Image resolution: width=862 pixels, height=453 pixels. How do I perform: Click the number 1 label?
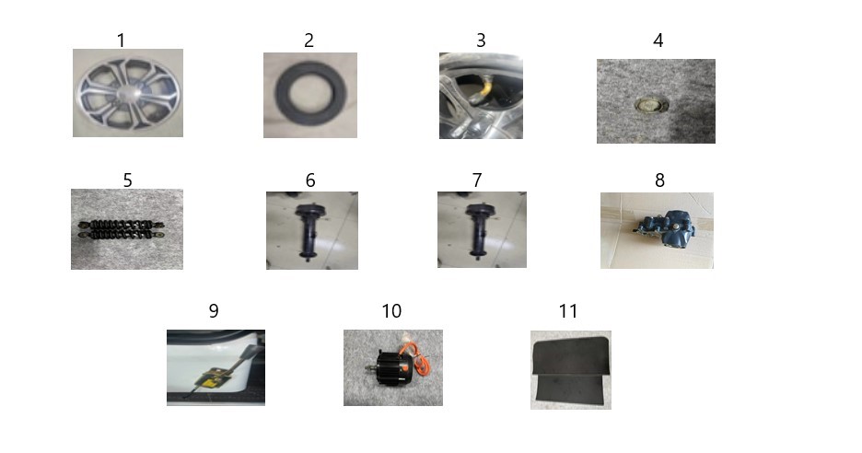click(x=121, y=41)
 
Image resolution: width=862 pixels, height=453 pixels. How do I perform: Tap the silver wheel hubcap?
click(x=127, y=94)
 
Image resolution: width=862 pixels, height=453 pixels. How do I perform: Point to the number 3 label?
click(x=481, y=41)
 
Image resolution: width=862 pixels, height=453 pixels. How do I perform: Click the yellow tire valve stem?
click(x=482, y=89)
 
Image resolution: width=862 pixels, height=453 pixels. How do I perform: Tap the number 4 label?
click(x=658, y=41)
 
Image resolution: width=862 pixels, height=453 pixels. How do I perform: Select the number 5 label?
click(x=127, y=180)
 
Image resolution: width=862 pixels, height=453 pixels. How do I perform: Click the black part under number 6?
click(x=310, y=231)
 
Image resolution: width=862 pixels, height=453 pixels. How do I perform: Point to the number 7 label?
click(x=477, y=180)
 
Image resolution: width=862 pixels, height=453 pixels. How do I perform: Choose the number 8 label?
click(x=659, y=180)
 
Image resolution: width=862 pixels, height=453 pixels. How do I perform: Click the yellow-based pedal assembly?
click(x=219, y=372)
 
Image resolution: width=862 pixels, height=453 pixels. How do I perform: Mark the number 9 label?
click(x=214, y=311)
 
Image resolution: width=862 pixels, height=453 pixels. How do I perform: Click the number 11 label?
click(x=568, y=311)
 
